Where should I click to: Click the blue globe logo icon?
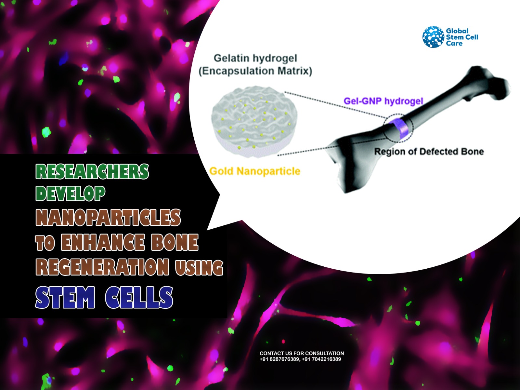(433, 37)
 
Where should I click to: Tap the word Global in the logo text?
(457, 31)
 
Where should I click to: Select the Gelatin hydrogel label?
(255, 58)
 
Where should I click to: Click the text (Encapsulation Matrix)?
(255, 71)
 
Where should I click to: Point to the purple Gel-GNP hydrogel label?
(383, 101)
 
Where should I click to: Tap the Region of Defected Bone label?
(429, 152)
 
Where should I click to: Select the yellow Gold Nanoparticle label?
(255, 171)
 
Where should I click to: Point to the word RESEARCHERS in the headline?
(92, 171)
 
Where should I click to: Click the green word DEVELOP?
(70, 193)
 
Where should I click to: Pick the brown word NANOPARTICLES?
(108, 217)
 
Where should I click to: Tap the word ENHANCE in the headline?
(103, 242)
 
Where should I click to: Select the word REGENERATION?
(103, 267)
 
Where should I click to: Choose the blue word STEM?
(65, 297)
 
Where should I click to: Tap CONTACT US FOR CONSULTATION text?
(302, 353)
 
